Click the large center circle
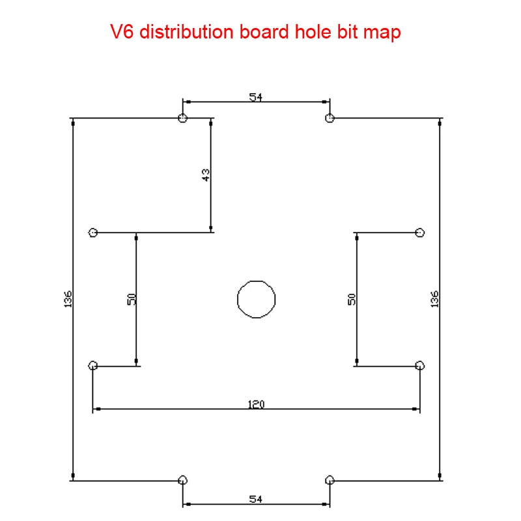[256, 299]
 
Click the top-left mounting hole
[183, 118]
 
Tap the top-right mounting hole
[330, 118]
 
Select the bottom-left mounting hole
[183, 480]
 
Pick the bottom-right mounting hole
[330, 480]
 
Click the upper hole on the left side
[93, 232]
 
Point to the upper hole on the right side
[420, 232]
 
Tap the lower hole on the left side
[93, 365]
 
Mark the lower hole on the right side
[420, 365]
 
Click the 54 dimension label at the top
[256, 97]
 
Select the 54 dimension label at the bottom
[256, 499]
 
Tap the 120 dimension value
[256, 404]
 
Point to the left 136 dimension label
[68, 299]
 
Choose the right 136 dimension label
[435, 299]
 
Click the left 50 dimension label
[132, 299]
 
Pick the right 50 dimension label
[352, 299]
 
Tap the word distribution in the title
[185, 32]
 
